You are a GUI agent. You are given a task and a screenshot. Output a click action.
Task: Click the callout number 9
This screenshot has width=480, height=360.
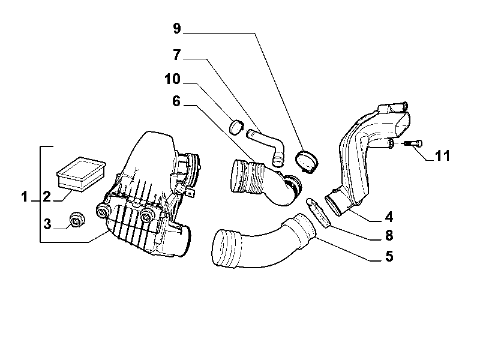(x=177, y=28)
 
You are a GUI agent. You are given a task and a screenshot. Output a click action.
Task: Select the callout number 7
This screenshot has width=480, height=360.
(x=177, y=55)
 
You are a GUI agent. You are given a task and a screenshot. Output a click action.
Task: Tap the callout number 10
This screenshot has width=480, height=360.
(x=173, y=79)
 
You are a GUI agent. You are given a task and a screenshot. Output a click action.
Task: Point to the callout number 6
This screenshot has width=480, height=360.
(x=176, y=101)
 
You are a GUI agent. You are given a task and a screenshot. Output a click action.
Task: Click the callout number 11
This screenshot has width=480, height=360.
(x=442, y=156)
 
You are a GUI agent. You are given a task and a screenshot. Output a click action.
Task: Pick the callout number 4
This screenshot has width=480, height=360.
(x=389, y=217)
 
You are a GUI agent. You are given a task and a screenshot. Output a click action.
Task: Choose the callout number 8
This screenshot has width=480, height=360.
(x=389, y=236)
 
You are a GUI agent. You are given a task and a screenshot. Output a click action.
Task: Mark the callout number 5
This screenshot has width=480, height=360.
(x=389, y=256)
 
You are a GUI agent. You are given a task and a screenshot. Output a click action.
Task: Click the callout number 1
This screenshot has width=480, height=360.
(x=25, y=197)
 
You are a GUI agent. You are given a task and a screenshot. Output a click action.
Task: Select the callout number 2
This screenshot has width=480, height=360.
(x=47, y=197)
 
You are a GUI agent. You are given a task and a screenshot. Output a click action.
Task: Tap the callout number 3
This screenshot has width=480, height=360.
(x=47, y=224)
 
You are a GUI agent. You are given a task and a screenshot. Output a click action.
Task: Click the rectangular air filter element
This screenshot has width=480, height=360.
(x=81, y=174)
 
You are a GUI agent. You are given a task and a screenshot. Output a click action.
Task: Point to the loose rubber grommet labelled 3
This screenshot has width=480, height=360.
(x=76, y=220)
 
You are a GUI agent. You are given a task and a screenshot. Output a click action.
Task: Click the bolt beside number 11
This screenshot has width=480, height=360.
(x=413, y=143)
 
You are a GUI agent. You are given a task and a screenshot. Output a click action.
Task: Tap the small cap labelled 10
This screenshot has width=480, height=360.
(x=236, y=127)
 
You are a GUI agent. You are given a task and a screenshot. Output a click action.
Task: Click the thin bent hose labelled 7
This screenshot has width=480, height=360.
(x=268, y=144)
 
